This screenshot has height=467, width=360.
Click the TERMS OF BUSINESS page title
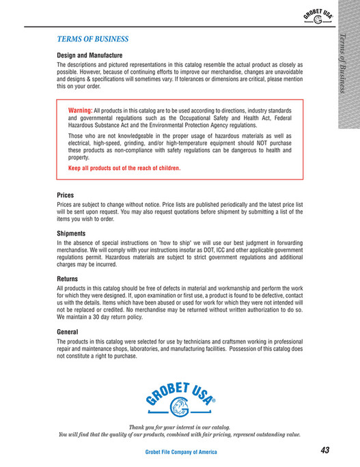92,40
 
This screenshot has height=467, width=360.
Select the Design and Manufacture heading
89,55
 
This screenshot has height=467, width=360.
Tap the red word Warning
80,110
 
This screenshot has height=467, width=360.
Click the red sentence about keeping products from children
124,168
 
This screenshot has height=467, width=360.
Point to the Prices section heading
66,195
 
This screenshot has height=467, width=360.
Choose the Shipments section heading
71,233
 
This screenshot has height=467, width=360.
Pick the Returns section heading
68,279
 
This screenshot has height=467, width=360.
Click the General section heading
68,332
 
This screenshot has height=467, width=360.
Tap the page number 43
324,450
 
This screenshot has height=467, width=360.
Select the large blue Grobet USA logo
180,397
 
